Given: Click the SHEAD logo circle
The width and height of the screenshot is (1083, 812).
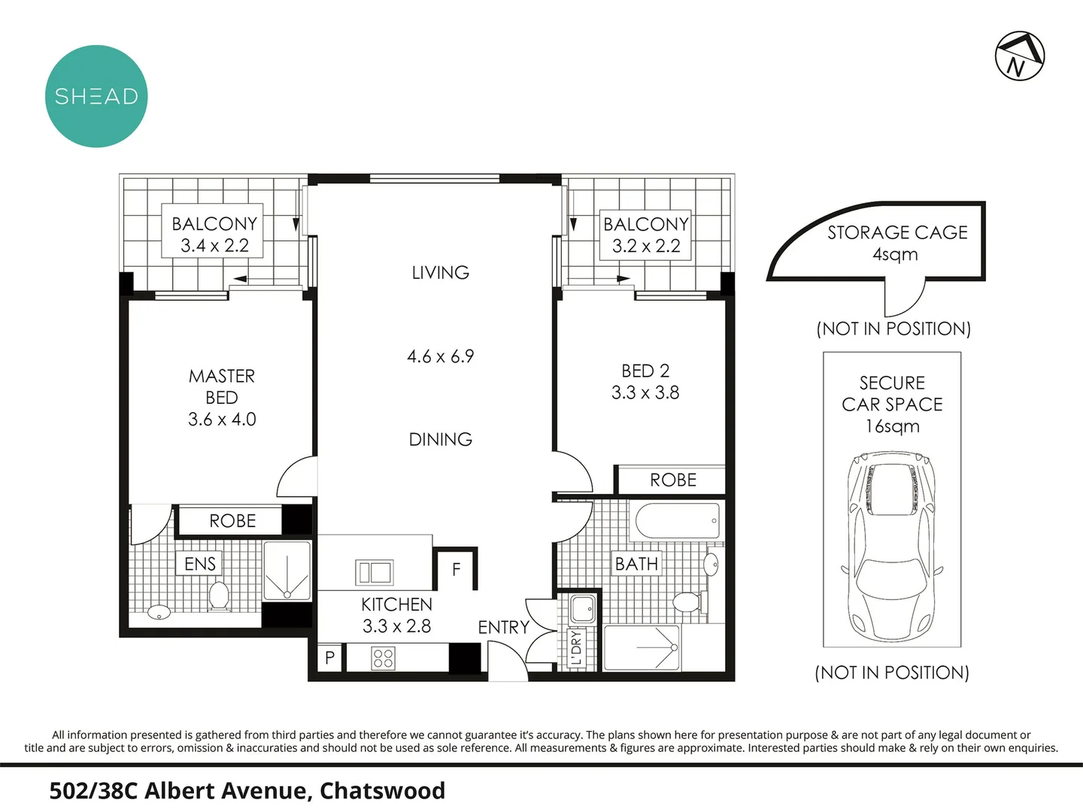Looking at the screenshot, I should point(96,96).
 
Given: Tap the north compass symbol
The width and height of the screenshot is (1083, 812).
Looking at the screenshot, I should point(1020,56).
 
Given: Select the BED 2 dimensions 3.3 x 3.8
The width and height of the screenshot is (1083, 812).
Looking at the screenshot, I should point(645,392).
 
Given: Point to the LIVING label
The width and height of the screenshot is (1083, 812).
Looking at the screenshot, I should point(440,272).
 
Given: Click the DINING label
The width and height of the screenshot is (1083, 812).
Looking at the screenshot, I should point(440,439).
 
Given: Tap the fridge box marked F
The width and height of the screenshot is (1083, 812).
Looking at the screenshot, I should point(456,570).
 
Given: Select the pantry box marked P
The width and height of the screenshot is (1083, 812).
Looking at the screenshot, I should point(329,659).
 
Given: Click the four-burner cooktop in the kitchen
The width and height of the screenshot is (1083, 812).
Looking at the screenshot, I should point(383,659).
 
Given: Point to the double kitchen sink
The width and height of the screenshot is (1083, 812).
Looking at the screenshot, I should point(374,573).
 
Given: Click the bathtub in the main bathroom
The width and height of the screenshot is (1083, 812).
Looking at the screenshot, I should point(678,521).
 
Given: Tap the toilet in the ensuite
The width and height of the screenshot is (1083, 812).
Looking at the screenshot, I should point(219,595).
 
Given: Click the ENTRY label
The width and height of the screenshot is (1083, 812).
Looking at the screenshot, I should point(503,627).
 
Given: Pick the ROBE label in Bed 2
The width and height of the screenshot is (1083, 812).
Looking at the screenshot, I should point(673,480).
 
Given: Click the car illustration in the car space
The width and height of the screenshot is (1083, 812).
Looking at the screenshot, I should point(891,545).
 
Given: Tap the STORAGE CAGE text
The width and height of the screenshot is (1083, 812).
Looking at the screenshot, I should point(897,232).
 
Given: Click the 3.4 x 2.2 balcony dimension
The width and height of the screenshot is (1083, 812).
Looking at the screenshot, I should point(214,245).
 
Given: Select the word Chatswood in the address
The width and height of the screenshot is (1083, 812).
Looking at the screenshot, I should point(382,791).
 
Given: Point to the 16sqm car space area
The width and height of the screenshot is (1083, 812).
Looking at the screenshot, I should point(892,426).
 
